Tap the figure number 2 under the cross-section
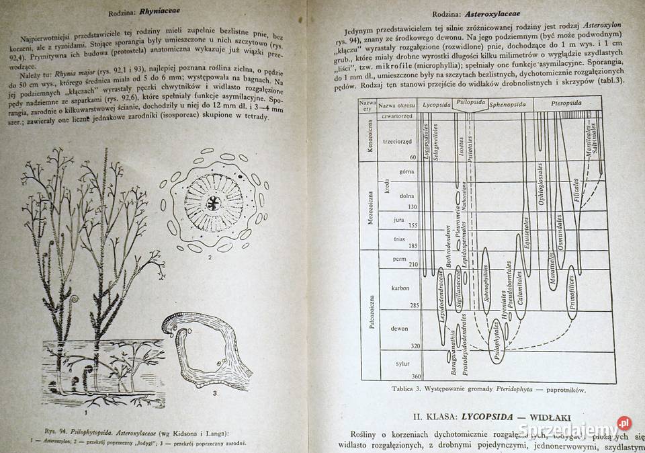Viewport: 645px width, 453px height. click(x=210, y=257)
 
